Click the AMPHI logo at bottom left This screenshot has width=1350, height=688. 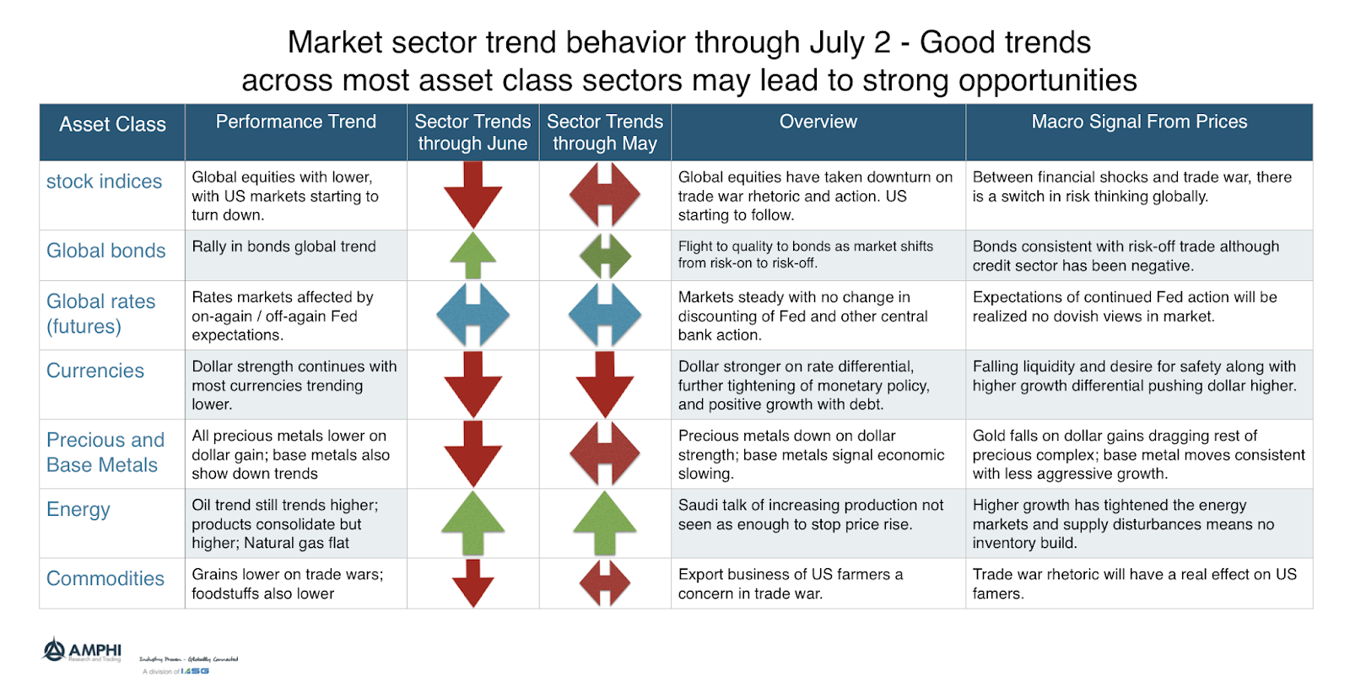coord(82,651)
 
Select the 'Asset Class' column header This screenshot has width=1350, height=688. coord(112,125)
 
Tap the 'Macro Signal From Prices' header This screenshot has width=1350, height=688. coord(1138,122)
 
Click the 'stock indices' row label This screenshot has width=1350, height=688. coord(104,181)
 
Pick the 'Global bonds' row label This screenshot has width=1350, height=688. coord(105,251)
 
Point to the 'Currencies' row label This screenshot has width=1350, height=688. coord(95,371)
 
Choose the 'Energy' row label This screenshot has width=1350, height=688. coord(78,509)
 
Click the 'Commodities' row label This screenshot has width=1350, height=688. coord(105,578)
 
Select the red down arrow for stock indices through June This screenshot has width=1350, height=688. coord(472,195)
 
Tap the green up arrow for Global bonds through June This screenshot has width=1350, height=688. coord(472,255)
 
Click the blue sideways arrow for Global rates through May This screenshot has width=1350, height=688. coord(604,315)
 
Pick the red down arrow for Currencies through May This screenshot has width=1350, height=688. coord(604,384)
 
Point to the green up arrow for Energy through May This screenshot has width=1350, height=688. coord(604,523)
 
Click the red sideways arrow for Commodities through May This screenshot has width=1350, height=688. coord(604,582)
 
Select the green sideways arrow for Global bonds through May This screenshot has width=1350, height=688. coord(604,256)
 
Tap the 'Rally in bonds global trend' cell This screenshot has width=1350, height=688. coord(283,246)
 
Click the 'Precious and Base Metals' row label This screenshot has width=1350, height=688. coord(105,452)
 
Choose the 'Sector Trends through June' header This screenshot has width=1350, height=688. coord(472,133)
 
